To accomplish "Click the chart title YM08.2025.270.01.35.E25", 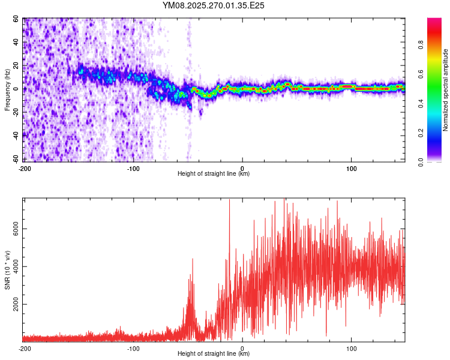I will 214,5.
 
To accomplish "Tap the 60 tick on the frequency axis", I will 17,19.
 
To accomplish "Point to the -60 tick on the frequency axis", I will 16,159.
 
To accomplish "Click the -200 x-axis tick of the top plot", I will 25,168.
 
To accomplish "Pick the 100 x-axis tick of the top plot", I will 352,168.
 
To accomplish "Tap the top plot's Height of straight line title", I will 214,174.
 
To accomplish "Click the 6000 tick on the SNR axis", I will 13,229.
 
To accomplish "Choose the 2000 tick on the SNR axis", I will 13,305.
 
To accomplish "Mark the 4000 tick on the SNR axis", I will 13,267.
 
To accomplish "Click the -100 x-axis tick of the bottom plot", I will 133,348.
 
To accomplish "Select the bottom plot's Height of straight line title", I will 214,354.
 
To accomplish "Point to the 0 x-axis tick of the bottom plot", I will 242,348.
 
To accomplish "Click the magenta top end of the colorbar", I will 434,21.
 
